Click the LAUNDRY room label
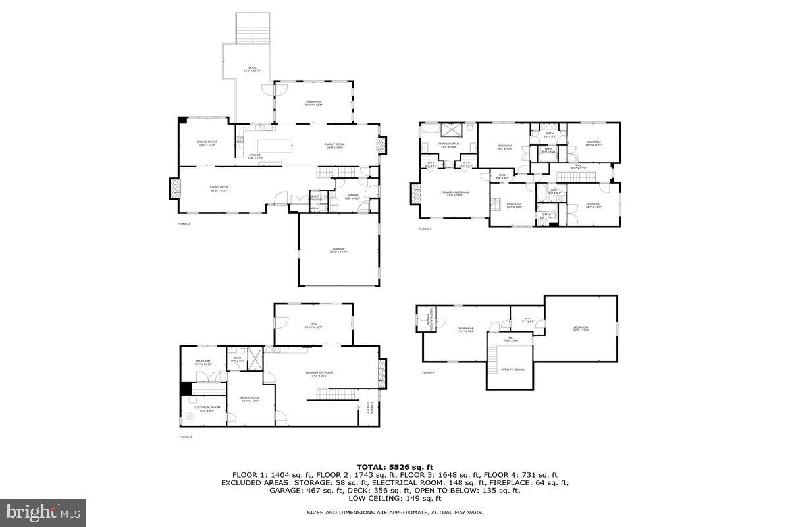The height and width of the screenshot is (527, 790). tap(352, 196)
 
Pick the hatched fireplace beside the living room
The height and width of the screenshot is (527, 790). tap(174, 189)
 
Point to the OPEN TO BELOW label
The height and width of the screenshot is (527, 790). tap(513, 370)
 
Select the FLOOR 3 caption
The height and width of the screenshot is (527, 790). tap(425, 229)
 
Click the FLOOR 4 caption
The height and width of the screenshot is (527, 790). tap(429, 373)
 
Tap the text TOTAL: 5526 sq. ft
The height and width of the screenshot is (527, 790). tap(394, 466)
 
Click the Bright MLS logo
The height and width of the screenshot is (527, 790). tap(43, 512)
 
